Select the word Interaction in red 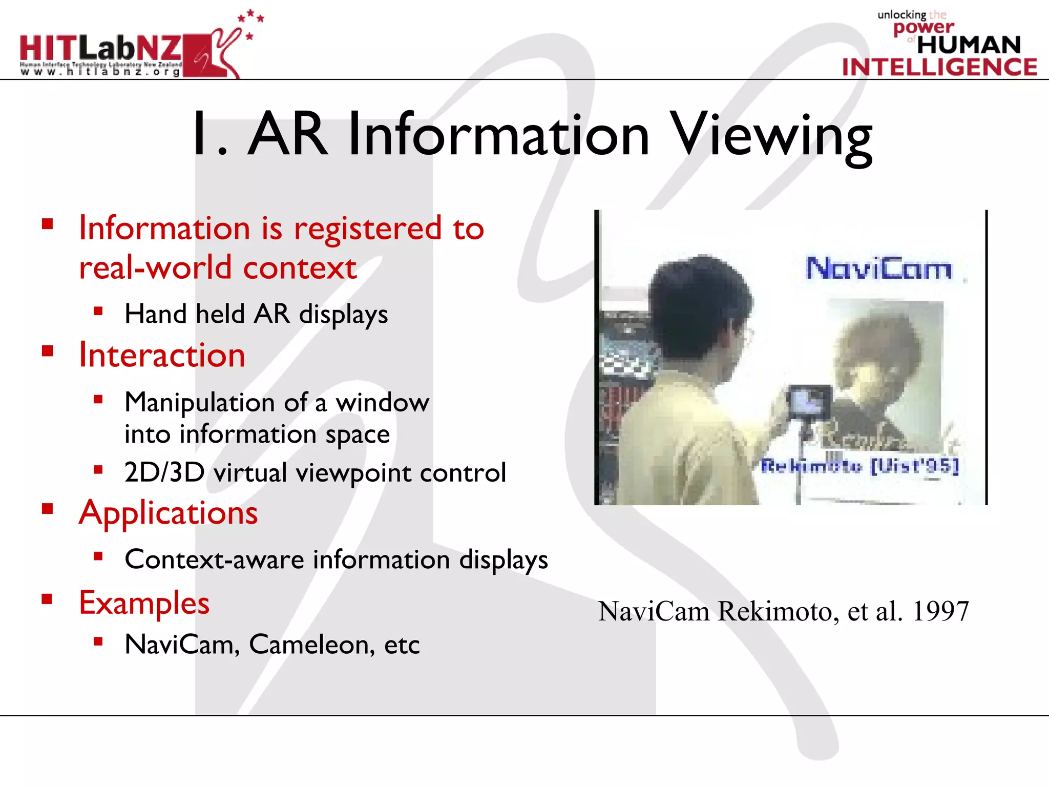point(162,355)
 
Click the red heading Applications point(168,512)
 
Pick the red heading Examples point(144,603)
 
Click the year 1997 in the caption point(940,611)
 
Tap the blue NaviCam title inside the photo point(878,268)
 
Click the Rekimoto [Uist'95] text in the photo point(859,466)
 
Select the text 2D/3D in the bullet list point(164,472)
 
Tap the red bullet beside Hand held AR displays point(98,311)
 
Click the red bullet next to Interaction point(48,351)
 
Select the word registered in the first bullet point(367,229)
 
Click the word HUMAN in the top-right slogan point(969,45)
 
